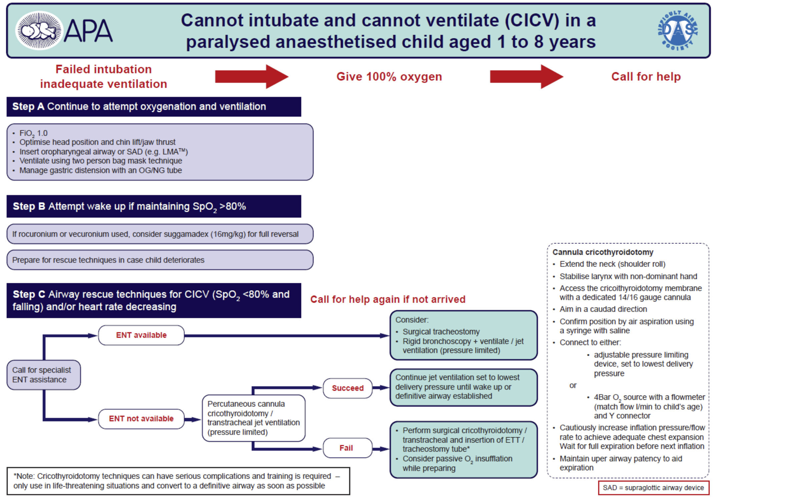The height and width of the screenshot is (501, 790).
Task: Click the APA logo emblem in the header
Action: [39, 30]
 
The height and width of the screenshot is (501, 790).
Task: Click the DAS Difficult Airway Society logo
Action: [678, 30]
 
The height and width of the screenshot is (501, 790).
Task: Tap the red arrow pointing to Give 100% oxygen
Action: [251, 76]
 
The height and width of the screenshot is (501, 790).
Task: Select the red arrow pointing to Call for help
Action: [526, 76]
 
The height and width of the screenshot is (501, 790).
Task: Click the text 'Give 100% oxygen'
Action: [389, 76]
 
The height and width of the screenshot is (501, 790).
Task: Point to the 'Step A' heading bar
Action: [154, 107]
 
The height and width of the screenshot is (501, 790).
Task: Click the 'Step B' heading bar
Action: [154, 206]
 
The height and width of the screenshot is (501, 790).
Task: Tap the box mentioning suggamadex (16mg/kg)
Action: [160, 234]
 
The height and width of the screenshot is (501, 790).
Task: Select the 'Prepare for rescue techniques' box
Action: [160, 260]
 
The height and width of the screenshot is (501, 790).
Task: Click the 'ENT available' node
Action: [141, 335]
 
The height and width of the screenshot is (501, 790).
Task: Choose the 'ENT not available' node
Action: [141, 419]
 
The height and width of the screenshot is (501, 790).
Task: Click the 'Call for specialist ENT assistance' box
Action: [43, 375]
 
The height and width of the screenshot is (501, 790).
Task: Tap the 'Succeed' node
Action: [347, 388]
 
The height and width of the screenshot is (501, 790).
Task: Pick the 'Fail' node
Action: [347, 448]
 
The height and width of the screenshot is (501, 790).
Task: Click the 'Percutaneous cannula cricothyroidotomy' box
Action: [253, 418]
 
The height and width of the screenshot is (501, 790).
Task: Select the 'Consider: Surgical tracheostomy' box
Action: [463, 335]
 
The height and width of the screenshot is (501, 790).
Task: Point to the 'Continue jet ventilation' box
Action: [463, 387]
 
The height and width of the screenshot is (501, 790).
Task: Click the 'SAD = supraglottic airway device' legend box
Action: [653, 488]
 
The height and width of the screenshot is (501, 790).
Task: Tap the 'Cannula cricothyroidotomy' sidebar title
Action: [603, 252]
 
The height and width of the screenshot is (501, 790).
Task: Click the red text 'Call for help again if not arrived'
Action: [387, 299]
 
